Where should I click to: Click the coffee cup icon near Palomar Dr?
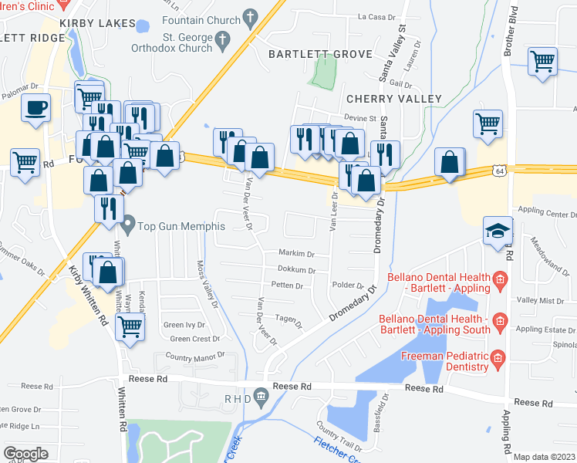[35, 107]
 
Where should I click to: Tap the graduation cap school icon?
[497, 230]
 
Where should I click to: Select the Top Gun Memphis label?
[181, 226]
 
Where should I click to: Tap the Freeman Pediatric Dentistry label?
[445, 361]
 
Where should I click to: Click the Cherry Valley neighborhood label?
[394, 99]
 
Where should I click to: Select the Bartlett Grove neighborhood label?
[320, 54]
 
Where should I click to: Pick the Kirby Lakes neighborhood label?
[97, 23]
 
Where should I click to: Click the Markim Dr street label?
[297, 254]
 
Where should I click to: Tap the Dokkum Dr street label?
[296, 270]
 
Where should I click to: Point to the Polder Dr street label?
[348, 286]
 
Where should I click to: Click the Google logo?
[25, 453]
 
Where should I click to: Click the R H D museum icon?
[262, 397]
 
